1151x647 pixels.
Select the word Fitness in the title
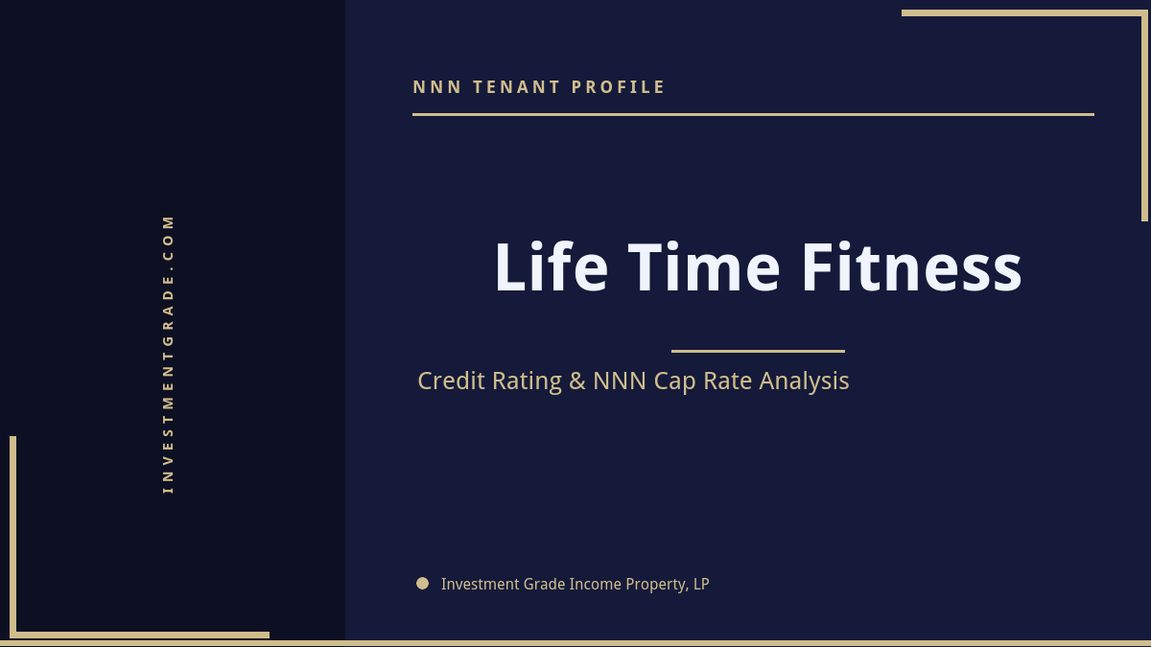[911, 267]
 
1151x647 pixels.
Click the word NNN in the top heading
[437, 87]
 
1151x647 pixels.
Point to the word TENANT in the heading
[517, 87]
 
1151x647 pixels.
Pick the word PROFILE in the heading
[619, 87]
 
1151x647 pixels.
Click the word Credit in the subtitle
[452, 381]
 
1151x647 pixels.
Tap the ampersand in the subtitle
[576, 381]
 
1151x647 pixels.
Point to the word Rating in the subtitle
[527, 381]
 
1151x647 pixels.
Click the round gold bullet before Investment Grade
[422, 583]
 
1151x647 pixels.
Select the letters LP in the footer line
[700, 584]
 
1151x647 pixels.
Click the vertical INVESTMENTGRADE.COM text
[168, 354]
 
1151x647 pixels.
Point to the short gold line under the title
[758, 351]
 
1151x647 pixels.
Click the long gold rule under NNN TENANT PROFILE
[753, 114]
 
